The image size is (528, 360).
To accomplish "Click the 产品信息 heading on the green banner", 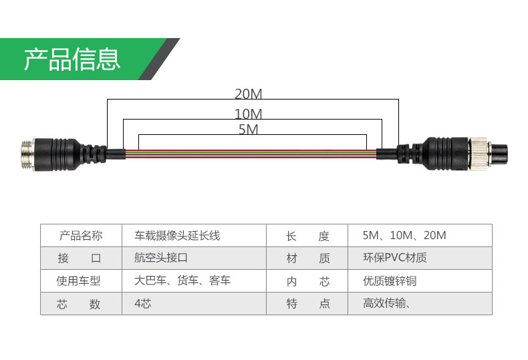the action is (72, 59).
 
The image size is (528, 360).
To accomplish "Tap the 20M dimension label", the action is (248, 94).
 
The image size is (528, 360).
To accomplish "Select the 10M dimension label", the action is (248, 114).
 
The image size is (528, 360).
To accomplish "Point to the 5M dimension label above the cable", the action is (248, 129).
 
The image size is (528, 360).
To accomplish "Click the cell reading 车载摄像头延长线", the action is (177, 236).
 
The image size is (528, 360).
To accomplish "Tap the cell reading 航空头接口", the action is (161, 258).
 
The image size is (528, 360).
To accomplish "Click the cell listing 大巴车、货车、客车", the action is (182, 281).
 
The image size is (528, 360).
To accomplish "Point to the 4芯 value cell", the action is (143, 304).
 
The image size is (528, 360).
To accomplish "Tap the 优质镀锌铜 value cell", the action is (390, 281).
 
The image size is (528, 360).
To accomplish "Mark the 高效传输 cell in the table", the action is (386, 304).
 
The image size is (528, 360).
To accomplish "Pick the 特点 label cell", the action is (308, 304).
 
